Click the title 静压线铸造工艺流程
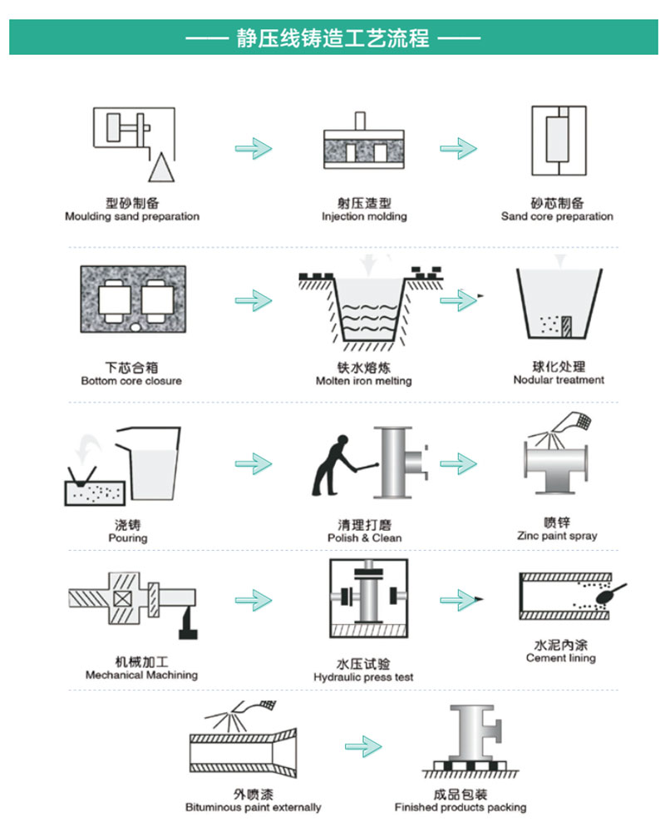(332, 38)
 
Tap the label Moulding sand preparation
(132, 217)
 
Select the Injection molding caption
(364, 217)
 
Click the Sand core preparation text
(557, 217)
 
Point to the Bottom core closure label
(131, 381)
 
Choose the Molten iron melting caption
(363, 381)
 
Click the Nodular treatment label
(559, 380)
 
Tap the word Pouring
(127, 538)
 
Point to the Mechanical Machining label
(141, 676)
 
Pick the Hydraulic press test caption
(363, 677)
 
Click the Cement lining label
(561, 658)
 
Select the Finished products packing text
(461, 807)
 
